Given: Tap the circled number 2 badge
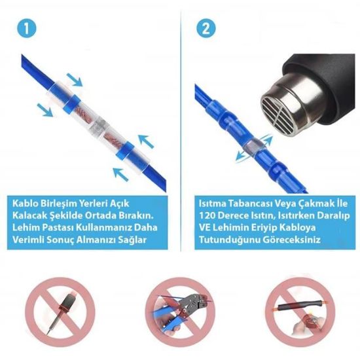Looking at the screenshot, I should click(x=204, y=29).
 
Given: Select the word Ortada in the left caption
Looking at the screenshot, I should click(x=108, y=215).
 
